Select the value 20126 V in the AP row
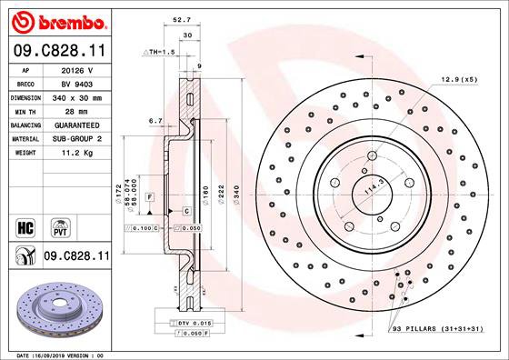coord(75,69)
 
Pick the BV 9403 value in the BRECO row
coord(75,82)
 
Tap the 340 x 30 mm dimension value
coord(75,95)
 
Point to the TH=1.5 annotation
coord(158,54)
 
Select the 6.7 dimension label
coord(155,121)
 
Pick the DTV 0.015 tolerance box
coord(187,324)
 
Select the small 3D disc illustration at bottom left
coord(57,309)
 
